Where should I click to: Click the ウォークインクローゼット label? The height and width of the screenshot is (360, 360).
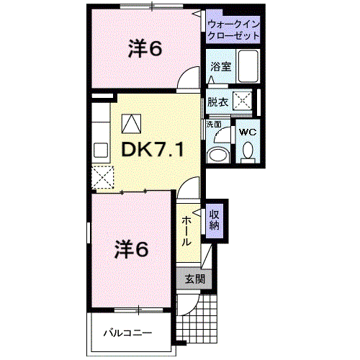point(233,30)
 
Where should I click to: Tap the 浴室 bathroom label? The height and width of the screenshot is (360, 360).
point(221,66)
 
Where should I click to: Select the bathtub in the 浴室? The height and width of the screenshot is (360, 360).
point(248,66)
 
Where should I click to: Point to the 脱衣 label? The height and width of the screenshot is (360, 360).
point(217,102)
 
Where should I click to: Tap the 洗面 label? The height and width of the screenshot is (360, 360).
point(214,124)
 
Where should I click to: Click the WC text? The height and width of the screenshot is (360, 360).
point(248,132)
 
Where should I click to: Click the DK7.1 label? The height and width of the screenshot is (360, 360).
point(153,150)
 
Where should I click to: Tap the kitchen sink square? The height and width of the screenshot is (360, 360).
point(101,150)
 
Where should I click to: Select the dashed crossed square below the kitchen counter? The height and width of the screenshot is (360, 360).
point(103,177)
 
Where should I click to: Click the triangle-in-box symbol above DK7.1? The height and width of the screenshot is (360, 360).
point(131,124)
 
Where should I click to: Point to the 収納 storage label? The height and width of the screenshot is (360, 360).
point(215,220)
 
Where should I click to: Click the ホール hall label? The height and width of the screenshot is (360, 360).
point(186,231)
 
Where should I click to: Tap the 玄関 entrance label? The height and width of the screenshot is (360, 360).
point(195,279)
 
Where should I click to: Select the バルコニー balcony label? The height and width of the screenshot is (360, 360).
point(128,333)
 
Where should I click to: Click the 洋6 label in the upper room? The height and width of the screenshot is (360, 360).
point(145,49)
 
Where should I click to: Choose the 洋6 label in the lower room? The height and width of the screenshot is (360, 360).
point(132,250)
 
